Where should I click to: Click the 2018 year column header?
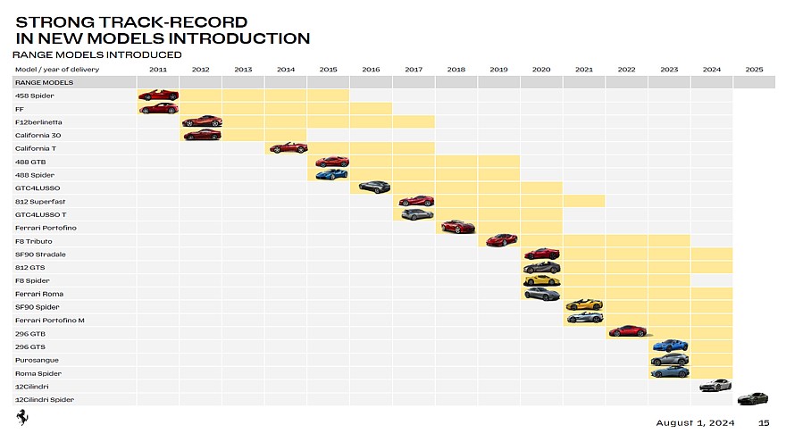point(456,69)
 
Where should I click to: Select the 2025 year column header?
point(754,69)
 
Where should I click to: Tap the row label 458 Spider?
point(35,96)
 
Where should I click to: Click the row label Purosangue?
point(38,360)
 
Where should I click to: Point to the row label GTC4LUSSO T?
point(40,214)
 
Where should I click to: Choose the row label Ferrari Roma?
point(39,294)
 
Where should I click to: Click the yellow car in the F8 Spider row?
point(541,280)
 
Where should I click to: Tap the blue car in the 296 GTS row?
point(669,345)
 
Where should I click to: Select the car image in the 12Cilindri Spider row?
point(752,398)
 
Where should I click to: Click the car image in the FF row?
point(158,109)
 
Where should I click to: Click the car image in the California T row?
point(287,147)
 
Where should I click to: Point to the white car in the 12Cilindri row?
point(715,386)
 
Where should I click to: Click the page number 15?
point(764,423)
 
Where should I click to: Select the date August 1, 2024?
point(695,423)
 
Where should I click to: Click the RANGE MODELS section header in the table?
point(37,82)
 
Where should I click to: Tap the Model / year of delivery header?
point(57,69)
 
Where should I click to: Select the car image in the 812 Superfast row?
point(415,201)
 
